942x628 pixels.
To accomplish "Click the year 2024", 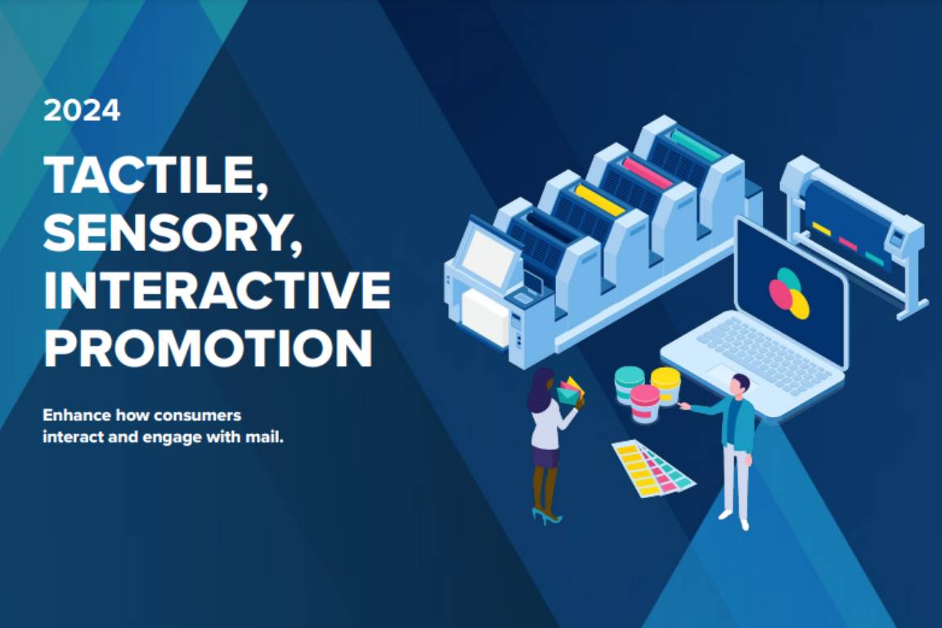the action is (82, 111).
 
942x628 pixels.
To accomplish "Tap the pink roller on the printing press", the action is (648, 173).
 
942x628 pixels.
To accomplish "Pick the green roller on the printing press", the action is (696, 144).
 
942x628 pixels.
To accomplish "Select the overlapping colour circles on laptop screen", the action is (789, 293).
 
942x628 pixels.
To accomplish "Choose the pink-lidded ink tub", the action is (644, 403).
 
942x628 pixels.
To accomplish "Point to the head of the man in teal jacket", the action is (740, 385).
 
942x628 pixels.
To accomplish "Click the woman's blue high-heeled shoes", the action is (546, 516).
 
